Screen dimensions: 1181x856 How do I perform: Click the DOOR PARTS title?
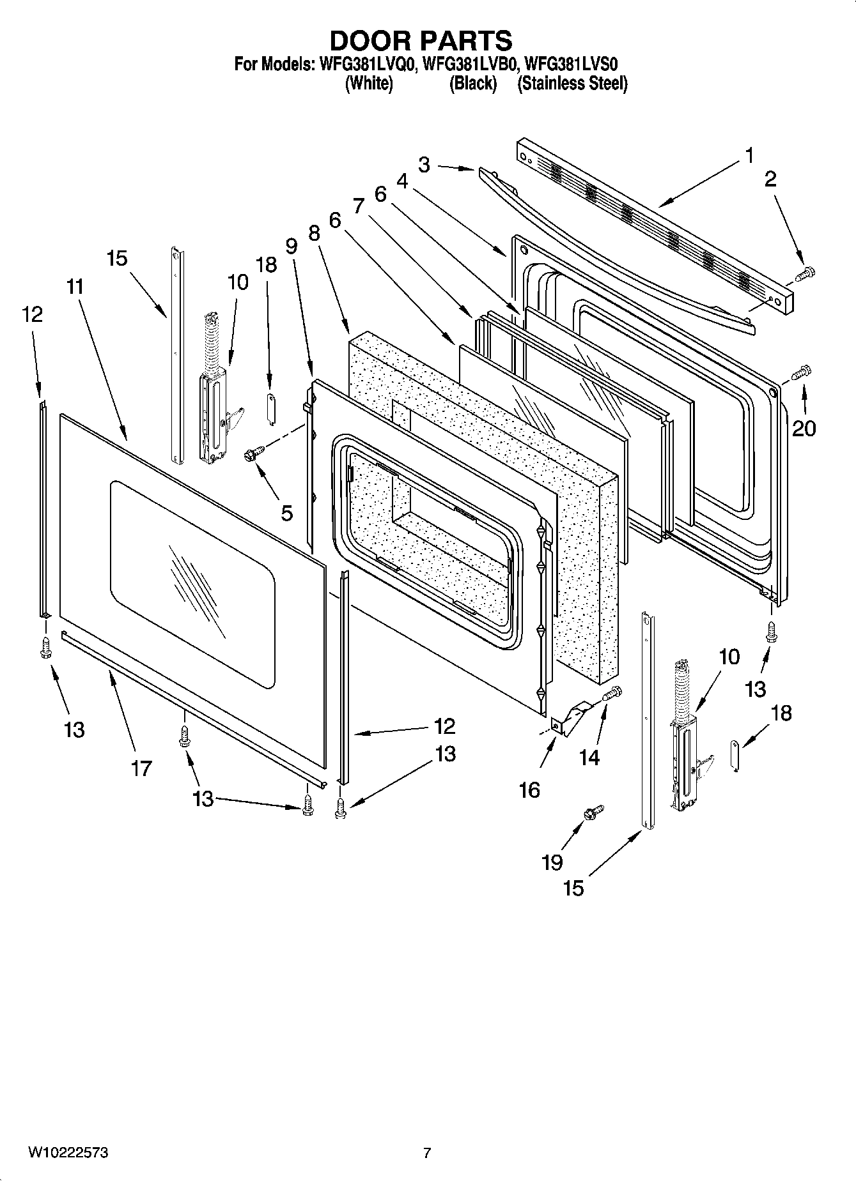[421, 41]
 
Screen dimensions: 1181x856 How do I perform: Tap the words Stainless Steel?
[572, 84]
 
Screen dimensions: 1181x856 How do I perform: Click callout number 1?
[749, 156]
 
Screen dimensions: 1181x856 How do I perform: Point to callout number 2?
[770, 179]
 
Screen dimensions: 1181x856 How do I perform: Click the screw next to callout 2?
[805, 274]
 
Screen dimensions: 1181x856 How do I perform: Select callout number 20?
[804, 428]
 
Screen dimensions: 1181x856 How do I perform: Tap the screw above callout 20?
[801, 372]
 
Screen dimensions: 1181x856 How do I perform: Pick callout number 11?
[75, 286]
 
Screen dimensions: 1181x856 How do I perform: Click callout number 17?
[141, 768]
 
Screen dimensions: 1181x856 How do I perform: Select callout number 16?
[530, 790]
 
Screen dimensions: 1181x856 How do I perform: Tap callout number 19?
[552, 862]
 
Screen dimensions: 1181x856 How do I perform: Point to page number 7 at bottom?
[427, 1153]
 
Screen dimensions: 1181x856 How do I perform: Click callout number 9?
[292, 247]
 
